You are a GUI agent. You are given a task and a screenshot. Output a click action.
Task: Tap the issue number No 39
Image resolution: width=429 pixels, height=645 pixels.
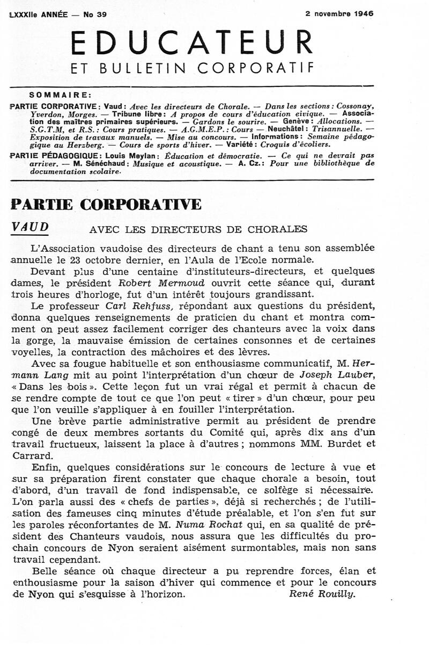pyautogui.click(x=95, y=15)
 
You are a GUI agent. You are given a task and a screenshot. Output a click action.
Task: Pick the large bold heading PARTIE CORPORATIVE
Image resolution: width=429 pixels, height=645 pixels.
pyautogui.click(x=106, y=205)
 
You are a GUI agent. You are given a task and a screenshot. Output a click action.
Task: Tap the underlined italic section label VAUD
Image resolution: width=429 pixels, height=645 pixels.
pyautogui.click(x=30, y=227)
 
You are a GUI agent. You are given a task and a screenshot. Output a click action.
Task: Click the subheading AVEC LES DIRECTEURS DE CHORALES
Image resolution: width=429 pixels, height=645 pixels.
pyautogui.click(x=198, y=229)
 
